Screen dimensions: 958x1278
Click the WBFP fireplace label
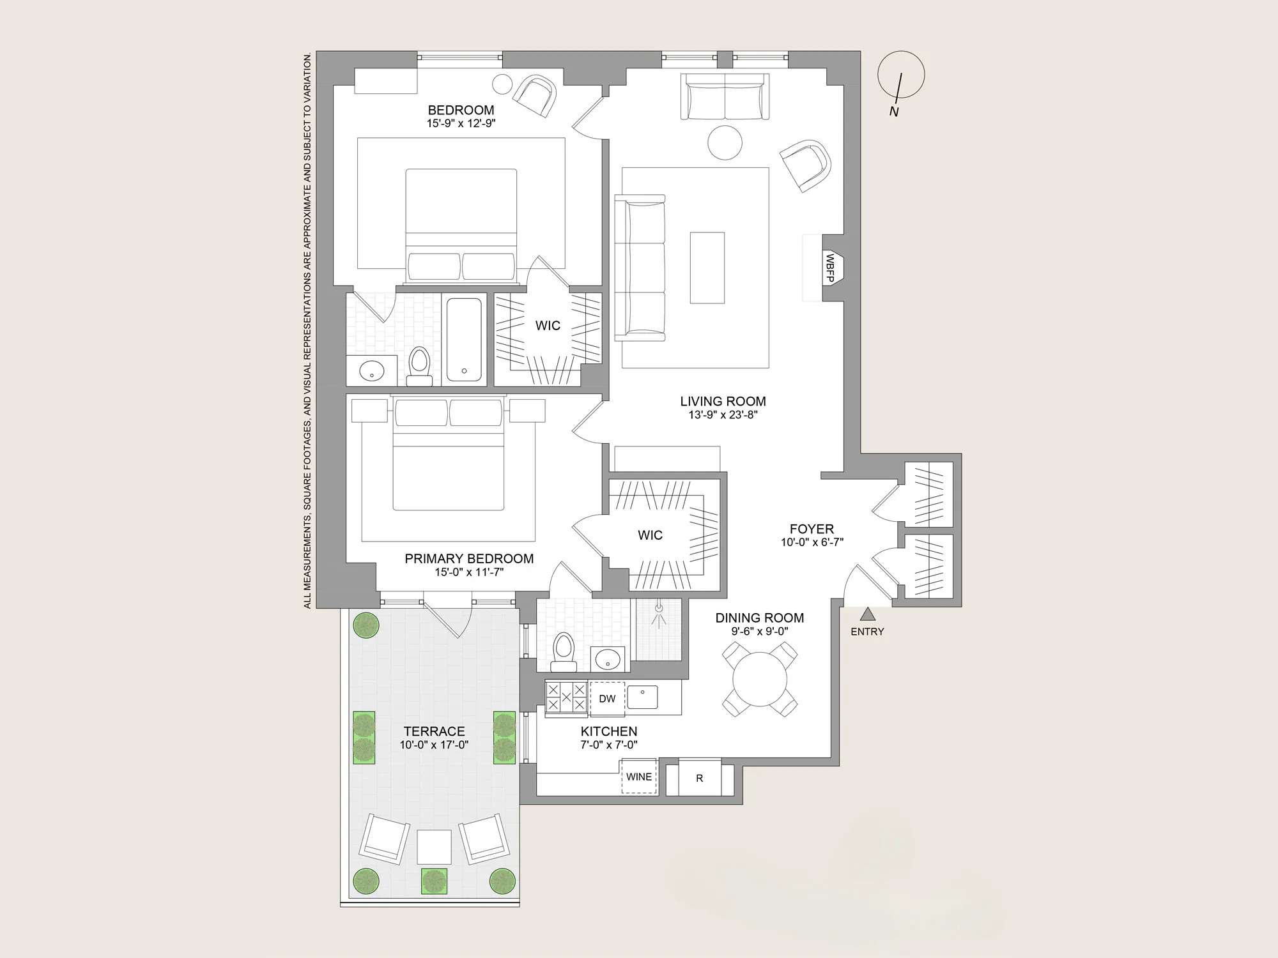pos(830,268)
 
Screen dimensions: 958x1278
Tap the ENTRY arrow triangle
pos(867,614)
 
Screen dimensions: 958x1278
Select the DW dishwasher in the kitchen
pos(607,699)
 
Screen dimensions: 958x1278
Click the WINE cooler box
pos(639,777)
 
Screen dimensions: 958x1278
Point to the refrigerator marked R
pos(700,778)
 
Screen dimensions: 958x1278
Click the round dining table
pos(760,678)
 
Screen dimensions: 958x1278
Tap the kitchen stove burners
pos(566,697)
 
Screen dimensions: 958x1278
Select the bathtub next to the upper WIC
pos(464,339)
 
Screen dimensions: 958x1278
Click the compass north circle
pos(900,75)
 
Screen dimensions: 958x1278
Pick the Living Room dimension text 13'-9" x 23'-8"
pos(723,415)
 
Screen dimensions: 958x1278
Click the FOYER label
pos(812,529)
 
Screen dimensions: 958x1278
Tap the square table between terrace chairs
pos(434,847)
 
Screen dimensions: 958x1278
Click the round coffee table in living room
pos(725,142)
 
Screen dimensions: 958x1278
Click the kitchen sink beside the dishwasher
pos(642,697)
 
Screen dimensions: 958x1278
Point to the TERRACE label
pos(434,731)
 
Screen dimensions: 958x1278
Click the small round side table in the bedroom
pos(502,84)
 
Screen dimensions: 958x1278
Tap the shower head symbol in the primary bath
pos(658,611)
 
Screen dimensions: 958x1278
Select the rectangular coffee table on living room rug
pos(707,268)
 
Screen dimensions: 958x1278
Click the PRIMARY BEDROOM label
pos(469,558)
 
